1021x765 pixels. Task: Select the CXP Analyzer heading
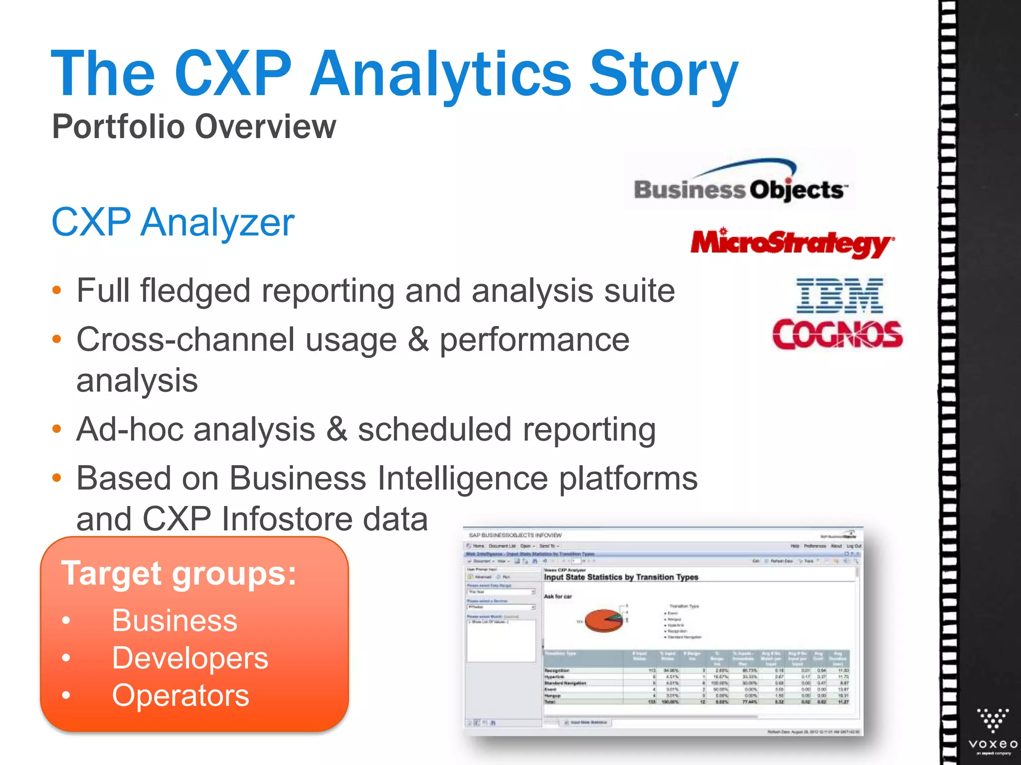172,222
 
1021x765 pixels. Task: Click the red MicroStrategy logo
792,243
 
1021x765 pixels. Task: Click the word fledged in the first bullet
195,291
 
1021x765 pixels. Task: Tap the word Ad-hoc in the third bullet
130,429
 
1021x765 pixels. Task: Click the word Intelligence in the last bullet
463,479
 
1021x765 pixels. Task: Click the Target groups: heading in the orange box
178,573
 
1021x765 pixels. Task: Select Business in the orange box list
174,621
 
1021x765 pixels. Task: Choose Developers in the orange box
190,658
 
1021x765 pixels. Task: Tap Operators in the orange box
180,695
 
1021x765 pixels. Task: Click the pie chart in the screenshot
604,620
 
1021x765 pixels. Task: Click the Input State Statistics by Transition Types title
621,577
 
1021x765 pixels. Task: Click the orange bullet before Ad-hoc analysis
57,429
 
